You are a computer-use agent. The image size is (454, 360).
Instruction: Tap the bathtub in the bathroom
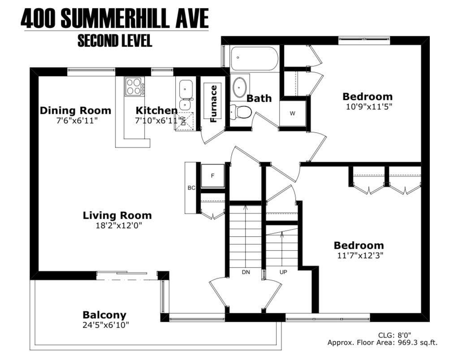tap(254, 59)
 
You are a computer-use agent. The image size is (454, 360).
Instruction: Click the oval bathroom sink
tap(240, 87)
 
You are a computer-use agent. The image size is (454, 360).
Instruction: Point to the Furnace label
tap(213, 104)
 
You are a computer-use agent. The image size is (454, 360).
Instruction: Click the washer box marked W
tap(293, 113)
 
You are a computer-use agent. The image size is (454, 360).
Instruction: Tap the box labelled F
tap(212, 176)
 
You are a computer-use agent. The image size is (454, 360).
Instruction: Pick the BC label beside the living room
tap(191, 188)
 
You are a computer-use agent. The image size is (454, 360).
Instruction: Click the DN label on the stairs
tap(246, 272)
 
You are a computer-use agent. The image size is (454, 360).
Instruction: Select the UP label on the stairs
tap(283, 272)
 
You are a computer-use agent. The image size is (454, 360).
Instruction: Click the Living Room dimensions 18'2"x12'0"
tap(119, 226)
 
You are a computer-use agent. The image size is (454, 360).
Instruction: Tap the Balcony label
tap(104, 315)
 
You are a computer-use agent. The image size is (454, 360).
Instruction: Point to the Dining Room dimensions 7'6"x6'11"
tap(76, 121)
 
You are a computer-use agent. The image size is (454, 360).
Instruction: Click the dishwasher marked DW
tap(184, 121)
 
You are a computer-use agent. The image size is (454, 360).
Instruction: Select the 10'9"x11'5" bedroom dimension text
tap(369, 107)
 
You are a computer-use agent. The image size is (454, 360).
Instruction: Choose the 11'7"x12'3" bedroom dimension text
tap(360, 256)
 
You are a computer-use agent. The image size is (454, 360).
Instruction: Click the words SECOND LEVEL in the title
tap(115, 41)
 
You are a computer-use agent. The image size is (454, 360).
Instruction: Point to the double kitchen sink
tap(186, 94)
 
